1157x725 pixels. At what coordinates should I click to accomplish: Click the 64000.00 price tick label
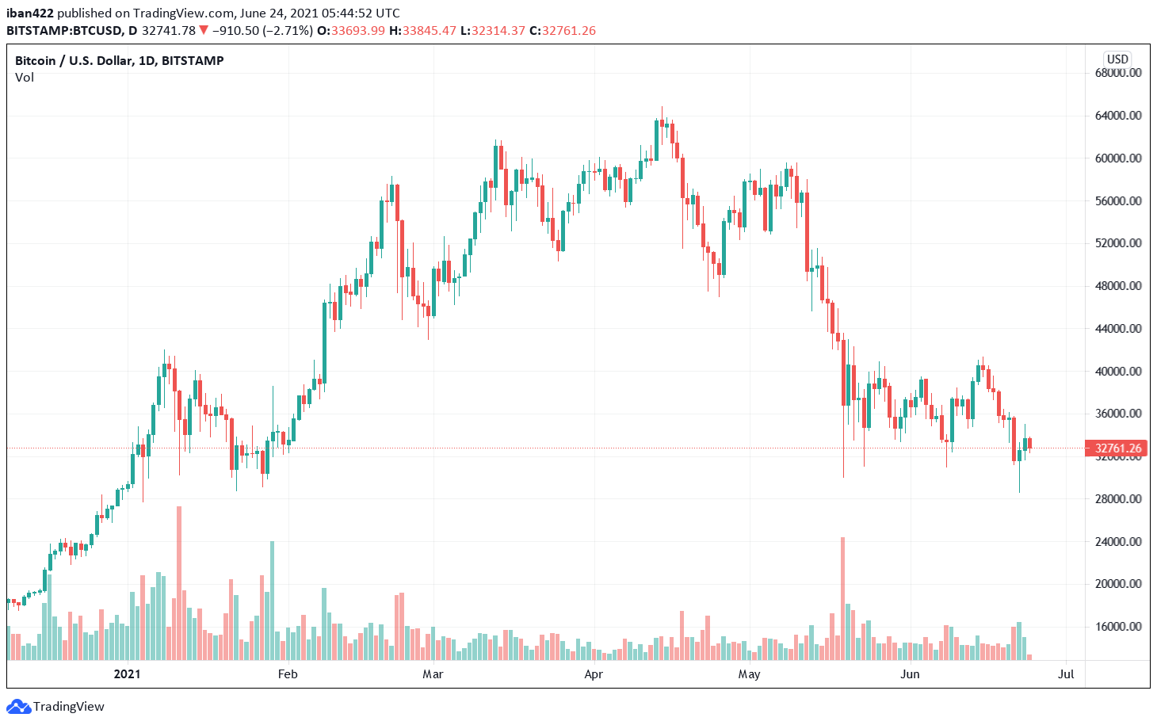tap(1118, 116)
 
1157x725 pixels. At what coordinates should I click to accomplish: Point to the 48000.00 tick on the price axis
tap(1118, 286)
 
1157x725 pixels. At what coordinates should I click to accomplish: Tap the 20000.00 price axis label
tap(1118, 584)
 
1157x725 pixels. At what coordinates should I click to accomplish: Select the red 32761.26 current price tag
tap(1117, 448)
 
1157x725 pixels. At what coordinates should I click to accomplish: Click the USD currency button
tap(1117, 59)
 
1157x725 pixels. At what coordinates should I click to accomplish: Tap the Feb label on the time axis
tap(288, 674)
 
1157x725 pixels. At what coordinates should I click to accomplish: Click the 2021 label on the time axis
tap(127, 674)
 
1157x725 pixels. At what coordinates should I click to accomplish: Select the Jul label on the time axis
tap(1066, 674)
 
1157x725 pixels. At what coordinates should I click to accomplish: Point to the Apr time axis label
tap(594, 674)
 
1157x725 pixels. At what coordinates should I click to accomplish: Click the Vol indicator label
tap(25, 78)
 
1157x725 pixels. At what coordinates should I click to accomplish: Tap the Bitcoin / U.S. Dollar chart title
tap(119, 60)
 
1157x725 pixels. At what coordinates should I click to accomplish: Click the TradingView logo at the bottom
tap(56, 707)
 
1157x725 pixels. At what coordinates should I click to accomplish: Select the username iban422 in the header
tap(30, 13)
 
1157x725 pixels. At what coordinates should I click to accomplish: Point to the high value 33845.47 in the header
tap(429, 31)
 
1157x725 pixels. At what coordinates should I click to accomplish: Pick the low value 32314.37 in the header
tap(498, 31)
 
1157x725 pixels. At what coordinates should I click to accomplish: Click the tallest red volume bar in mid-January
tap(179, 582)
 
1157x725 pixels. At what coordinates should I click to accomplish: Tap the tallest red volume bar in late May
tap(842, 598)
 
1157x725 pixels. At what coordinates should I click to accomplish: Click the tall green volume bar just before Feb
tap(272, 600)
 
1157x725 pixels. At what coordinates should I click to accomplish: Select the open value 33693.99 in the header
tap(357, 31)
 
